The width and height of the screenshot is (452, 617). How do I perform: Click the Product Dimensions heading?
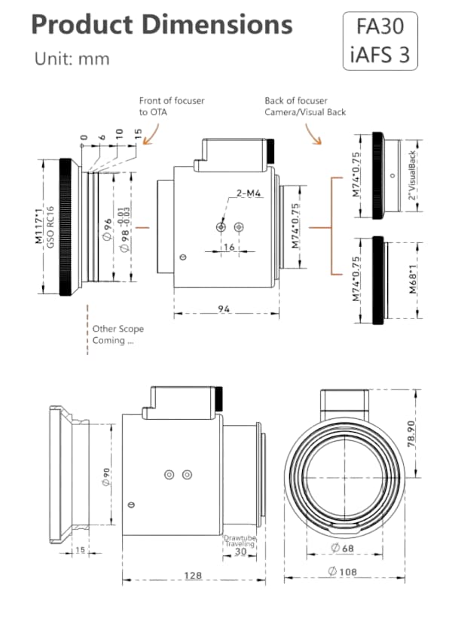point(161,26)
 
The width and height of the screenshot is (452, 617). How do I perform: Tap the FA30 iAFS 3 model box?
point(380,41)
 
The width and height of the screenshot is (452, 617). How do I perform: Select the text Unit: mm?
point(72,59)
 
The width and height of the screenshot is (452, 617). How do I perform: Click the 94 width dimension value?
point(224,308)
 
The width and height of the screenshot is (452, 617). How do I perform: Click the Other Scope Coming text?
point(118,334)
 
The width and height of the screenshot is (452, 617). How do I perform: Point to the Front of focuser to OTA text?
point(171,106)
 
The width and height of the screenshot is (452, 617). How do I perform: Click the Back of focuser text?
point(296,101)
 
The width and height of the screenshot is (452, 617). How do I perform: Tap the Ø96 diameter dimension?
point(108,225)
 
